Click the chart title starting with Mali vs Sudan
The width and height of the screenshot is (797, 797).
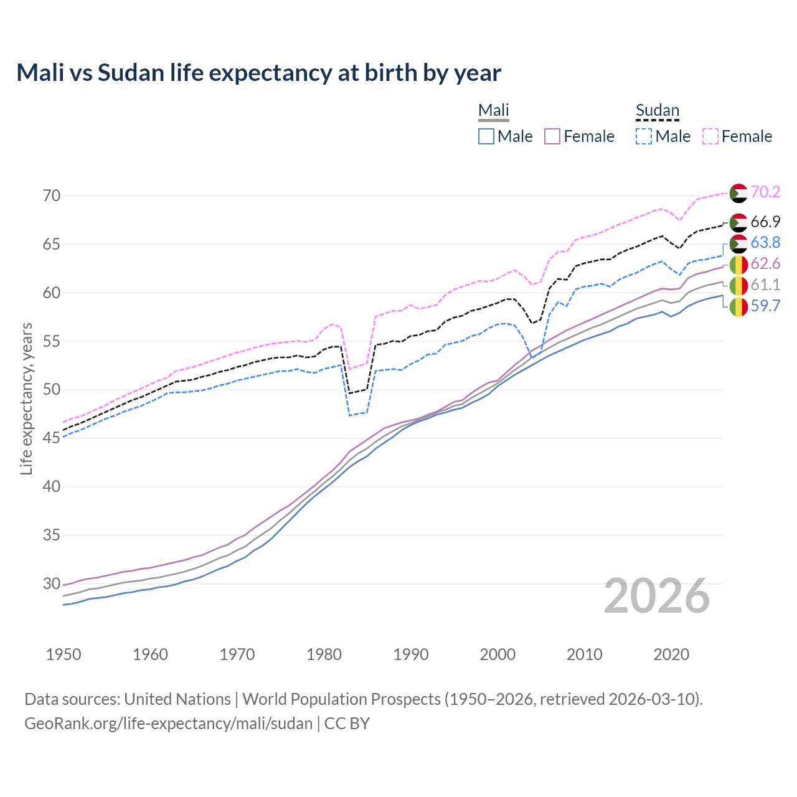point(258,73)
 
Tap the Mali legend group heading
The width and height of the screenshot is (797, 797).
point(493,111)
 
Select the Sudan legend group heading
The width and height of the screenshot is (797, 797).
point(657,111)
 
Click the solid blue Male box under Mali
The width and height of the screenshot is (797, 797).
point(486,136)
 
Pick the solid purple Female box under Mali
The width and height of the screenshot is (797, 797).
point(552,136)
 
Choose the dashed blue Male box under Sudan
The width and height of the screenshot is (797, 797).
point(644,136)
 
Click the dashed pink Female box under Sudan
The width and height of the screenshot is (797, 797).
point(710,136)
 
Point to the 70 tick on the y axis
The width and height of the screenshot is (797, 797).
point(52,196)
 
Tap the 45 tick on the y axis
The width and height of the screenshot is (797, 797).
point(52,438)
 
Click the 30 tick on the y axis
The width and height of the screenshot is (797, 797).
point(52,583)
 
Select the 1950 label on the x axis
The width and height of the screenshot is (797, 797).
point(64,654)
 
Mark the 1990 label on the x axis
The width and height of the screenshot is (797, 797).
point(411,654)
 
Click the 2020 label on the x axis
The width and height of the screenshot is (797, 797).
point(671,654)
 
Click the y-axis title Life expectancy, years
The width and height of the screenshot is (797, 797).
point(26,398)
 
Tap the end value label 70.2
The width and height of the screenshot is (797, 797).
point(765,192)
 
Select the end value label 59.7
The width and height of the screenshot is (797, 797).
point(765,306)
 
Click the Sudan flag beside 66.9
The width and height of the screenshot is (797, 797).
point(738,222)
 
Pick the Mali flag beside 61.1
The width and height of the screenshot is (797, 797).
point(738,286)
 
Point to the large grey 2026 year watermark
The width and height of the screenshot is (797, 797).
point(656,596)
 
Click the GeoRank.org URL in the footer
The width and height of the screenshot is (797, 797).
point(168,724)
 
